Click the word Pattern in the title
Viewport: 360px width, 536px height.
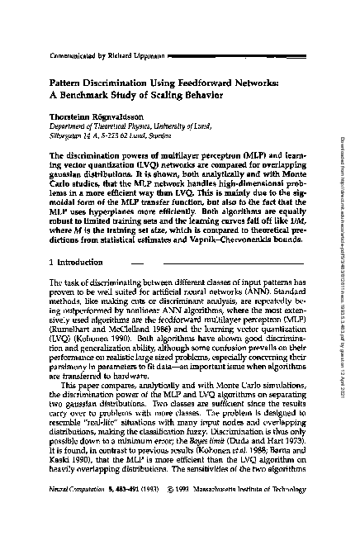tap(61, 83)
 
